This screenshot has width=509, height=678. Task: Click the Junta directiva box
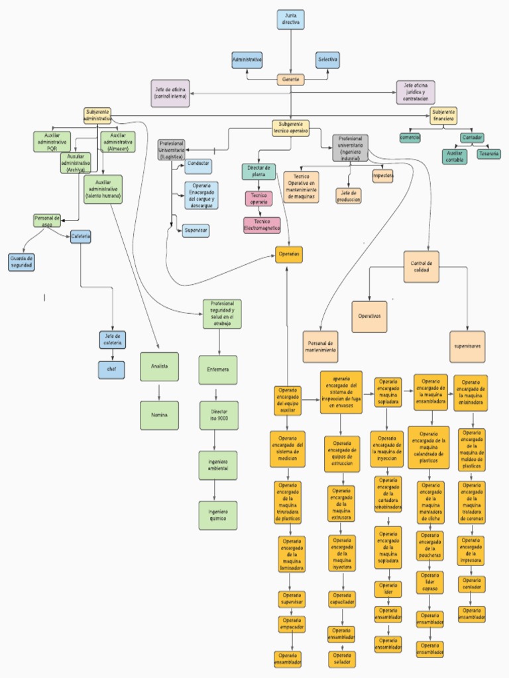pyautogui.click(x=291, y=20)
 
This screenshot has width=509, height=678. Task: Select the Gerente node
pyautogui.click(x=291, y=79)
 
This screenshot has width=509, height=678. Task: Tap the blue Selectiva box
pyautogui.click(x=327, y=60)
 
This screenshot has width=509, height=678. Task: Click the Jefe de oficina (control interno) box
pyautogui.click(x=170, y=93)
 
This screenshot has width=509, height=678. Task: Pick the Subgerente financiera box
pyautogui.click(x=443, y=116)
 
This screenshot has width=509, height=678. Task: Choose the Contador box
pyautogui.click(x=472, y=138)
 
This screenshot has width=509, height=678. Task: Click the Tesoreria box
pyautogui.click(x=489, y=154)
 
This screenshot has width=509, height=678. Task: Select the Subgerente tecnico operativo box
pyautogui.click(x=291, y=128)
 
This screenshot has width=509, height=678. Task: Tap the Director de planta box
pyautogui.click(x=258, y=171)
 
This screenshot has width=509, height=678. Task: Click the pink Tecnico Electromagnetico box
pyautogui.click(x=262, y=225)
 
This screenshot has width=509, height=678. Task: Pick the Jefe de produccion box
pyautogui.click(x=349, y=196)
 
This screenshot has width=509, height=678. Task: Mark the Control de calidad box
pyautogui.click(x=421, y=266)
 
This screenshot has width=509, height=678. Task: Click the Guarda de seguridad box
pyautogui.click(x=22, y=262)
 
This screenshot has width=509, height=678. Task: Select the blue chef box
pyautogui.click(x=111, y=369)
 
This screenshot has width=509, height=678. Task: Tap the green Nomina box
pyautogui.click(x=159, y=415)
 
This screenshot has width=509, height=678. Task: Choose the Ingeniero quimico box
pyautogui.click(x=218, y=515)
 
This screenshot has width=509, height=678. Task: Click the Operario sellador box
pyautogui.click(x=342, y=659)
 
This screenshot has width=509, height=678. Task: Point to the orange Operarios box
pyautogui.click(x=289, y=254)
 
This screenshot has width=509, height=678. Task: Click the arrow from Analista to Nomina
pyautogui.click(x=159, y=391)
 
